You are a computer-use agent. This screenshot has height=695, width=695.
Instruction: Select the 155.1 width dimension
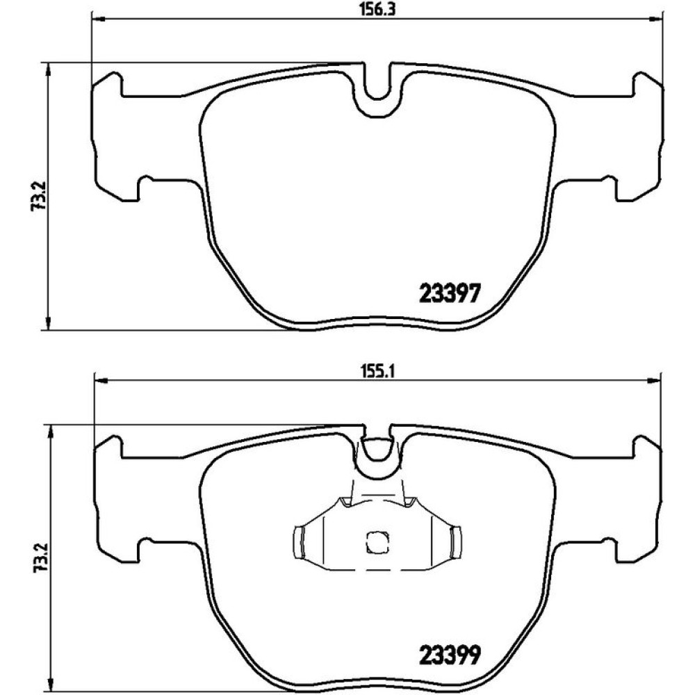(377, 371)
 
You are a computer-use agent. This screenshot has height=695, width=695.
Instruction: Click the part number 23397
(449, 293)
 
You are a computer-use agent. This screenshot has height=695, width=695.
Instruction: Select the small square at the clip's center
(377, 542)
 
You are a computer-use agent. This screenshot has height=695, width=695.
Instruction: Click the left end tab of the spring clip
(300, 541)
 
